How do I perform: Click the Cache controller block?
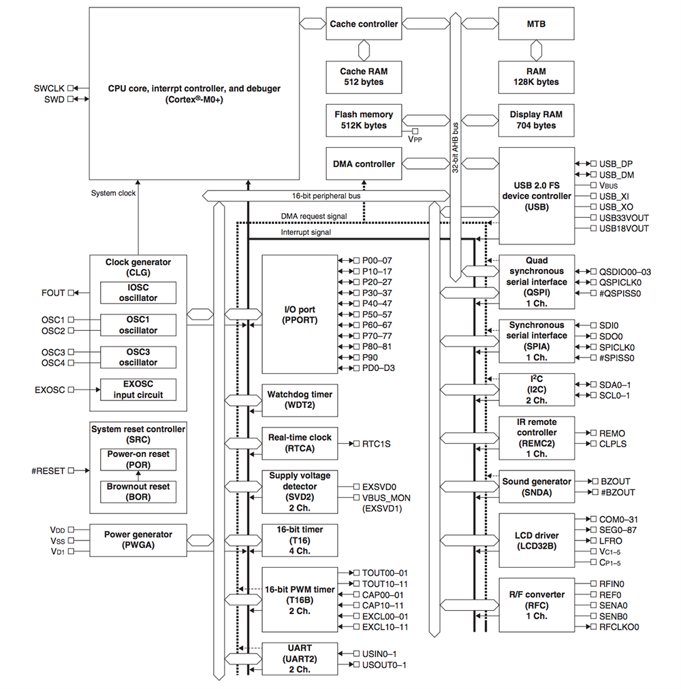364,24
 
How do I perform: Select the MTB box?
536,24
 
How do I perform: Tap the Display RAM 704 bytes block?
536,120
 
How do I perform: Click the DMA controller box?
364,164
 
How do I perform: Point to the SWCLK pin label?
48,89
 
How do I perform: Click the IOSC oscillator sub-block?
138,293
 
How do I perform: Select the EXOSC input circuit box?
138,390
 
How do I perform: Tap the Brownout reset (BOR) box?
138,492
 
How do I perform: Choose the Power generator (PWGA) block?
138,540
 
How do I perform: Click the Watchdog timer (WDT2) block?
300,400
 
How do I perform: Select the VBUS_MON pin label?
386,498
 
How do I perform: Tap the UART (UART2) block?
300,658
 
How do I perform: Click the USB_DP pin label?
616,164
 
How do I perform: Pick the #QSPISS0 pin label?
620,293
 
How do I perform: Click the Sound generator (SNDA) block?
536,487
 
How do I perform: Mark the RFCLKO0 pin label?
619,627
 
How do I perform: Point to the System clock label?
113,193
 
